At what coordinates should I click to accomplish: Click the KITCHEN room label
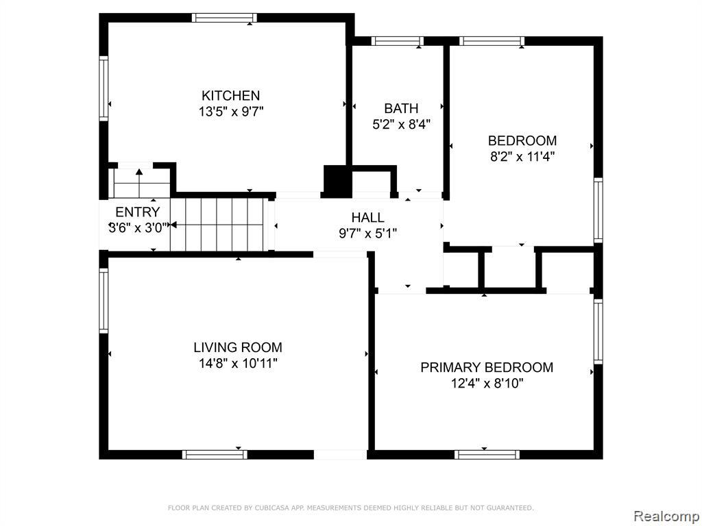pos(230,96)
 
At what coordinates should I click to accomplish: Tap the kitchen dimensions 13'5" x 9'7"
pos(231,112)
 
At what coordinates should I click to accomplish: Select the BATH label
pos(401,108)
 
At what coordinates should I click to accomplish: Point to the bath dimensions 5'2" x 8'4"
pos(402,124)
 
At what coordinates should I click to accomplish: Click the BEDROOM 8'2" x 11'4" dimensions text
pos(522,157)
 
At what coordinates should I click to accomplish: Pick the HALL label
pos(367,217)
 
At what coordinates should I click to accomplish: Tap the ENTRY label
pos(137,212)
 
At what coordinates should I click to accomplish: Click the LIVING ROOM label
pos(238,347)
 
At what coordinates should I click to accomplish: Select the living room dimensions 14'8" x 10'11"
pos(238,363)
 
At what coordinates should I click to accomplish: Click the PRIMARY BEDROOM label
pos(487,367)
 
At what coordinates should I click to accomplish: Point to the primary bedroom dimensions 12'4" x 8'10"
pos(487,384)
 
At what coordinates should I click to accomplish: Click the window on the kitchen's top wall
pos(224,18)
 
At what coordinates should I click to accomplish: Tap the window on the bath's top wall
pos(398,41)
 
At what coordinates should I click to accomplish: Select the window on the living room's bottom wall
pos(215,455)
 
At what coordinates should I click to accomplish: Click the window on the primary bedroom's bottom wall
pos(487,455)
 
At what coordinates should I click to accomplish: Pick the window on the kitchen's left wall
pos(104,88)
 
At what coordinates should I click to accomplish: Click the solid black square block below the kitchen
pos(337,181)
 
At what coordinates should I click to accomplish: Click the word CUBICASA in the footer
pos(271,508)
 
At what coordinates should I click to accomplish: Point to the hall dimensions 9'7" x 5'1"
pos(368,234)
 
